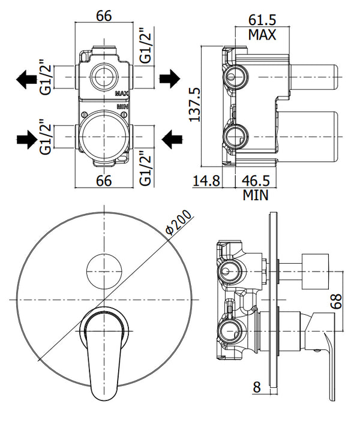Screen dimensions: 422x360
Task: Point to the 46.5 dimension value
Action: click(256, 180)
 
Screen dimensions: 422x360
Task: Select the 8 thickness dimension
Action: click(256, 387)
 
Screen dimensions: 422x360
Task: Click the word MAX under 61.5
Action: click(262, 35)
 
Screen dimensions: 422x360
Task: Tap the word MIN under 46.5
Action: click(256, 195)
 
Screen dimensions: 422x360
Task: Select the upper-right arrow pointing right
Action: click(169, 77)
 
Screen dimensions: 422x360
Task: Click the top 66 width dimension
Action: click(105, 16)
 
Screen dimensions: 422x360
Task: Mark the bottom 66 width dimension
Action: click(105, 180)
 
